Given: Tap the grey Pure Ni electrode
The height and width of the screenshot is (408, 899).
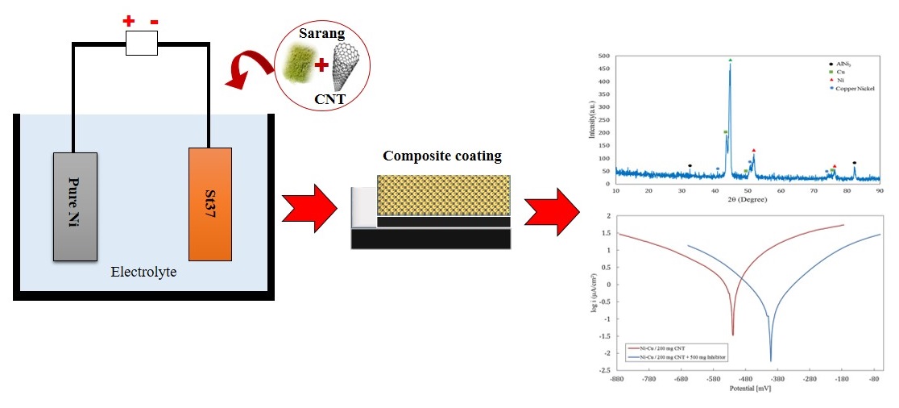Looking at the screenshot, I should click(75, 206).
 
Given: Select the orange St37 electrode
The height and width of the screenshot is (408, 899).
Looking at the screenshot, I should click(211, 204).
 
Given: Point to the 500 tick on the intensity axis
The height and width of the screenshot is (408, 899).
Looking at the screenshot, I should click(603, 56).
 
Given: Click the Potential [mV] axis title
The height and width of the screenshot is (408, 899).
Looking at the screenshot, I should click(750, 389).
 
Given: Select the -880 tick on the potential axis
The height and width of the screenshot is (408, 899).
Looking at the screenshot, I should click(617, 378).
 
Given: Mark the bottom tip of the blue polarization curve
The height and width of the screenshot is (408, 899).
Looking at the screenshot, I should click(771, 360).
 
